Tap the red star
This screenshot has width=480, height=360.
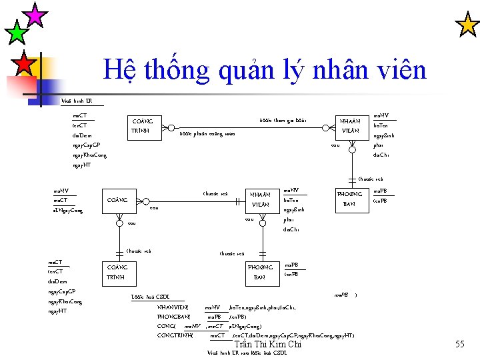24,64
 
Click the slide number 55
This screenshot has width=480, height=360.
459,344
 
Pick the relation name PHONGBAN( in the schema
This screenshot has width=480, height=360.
173,317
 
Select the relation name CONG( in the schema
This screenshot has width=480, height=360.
165,326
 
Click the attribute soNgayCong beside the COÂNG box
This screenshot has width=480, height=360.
68,211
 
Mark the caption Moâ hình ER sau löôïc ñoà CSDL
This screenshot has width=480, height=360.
247,353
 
